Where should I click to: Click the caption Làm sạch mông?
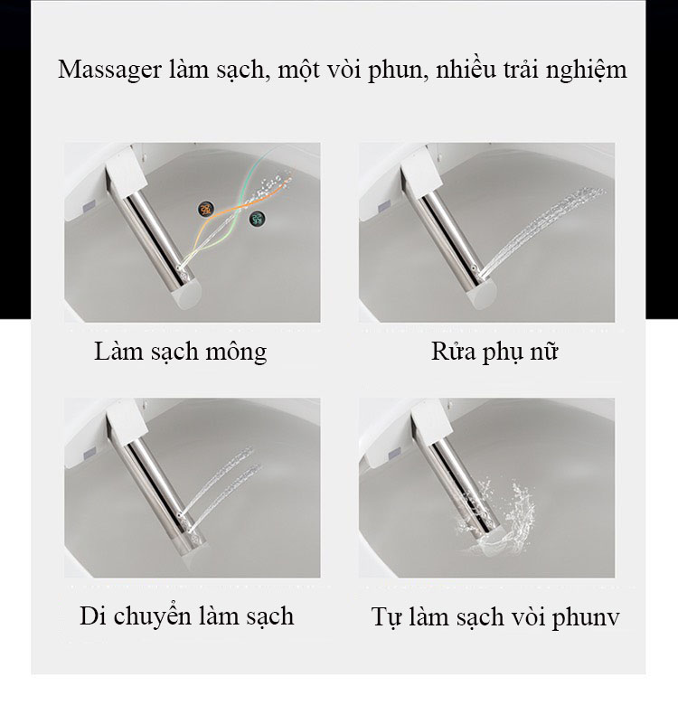point(180,351)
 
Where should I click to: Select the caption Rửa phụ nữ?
point(494,351)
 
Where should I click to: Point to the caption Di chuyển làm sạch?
point(186,616)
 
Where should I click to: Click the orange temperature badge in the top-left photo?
point(206,209)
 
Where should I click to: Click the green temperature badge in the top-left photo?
point(258,218)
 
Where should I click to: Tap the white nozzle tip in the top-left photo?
point(190,287)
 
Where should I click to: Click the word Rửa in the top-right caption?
point(452,351)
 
